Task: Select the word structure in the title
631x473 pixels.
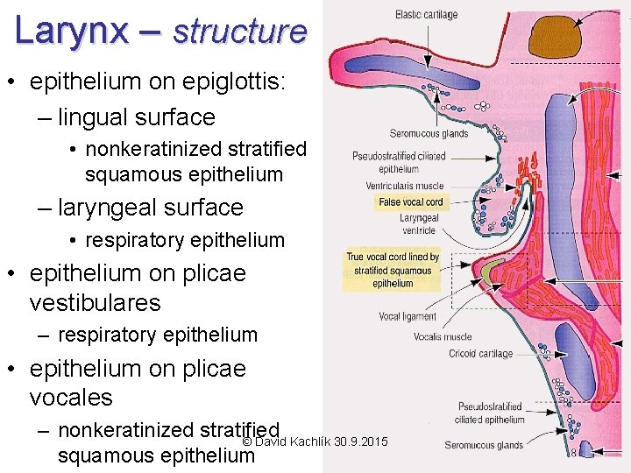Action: click(240, 32)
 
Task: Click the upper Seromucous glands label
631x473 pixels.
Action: click(429, 133)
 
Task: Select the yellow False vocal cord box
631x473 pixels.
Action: click(410, 202)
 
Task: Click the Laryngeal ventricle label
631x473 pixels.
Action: click(418, 224)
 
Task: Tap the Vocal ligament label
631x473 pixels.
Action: click(407, 316)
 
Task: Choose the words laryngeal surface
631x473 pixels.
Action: click(150, 208)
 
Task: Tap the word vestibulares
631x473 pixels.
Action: click(95, 303)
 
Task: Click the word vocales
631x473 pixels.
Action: click(71, 397)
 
